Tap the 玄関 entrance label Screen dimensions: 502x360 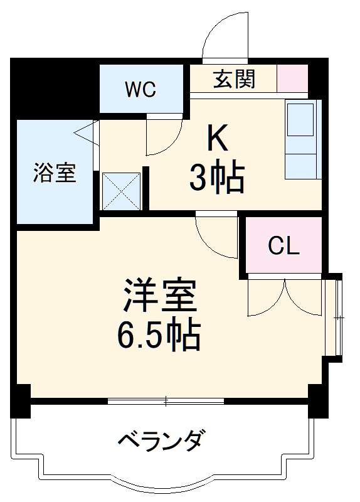coord(234,79)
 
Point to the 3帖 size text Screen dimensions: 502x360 coord(217,179)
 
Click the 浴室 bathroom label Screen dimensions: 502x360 coord(55,172)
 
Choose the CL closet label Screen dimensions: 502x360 coord(283,247)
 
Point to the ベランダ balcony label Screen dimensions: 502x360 coord(161,440)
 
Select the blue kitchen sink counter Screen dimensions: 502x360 coord(302,139)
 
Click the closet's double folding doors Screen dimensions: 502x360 coord(285,296)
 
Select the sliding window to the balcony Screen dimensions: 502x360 coord(166,400)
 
